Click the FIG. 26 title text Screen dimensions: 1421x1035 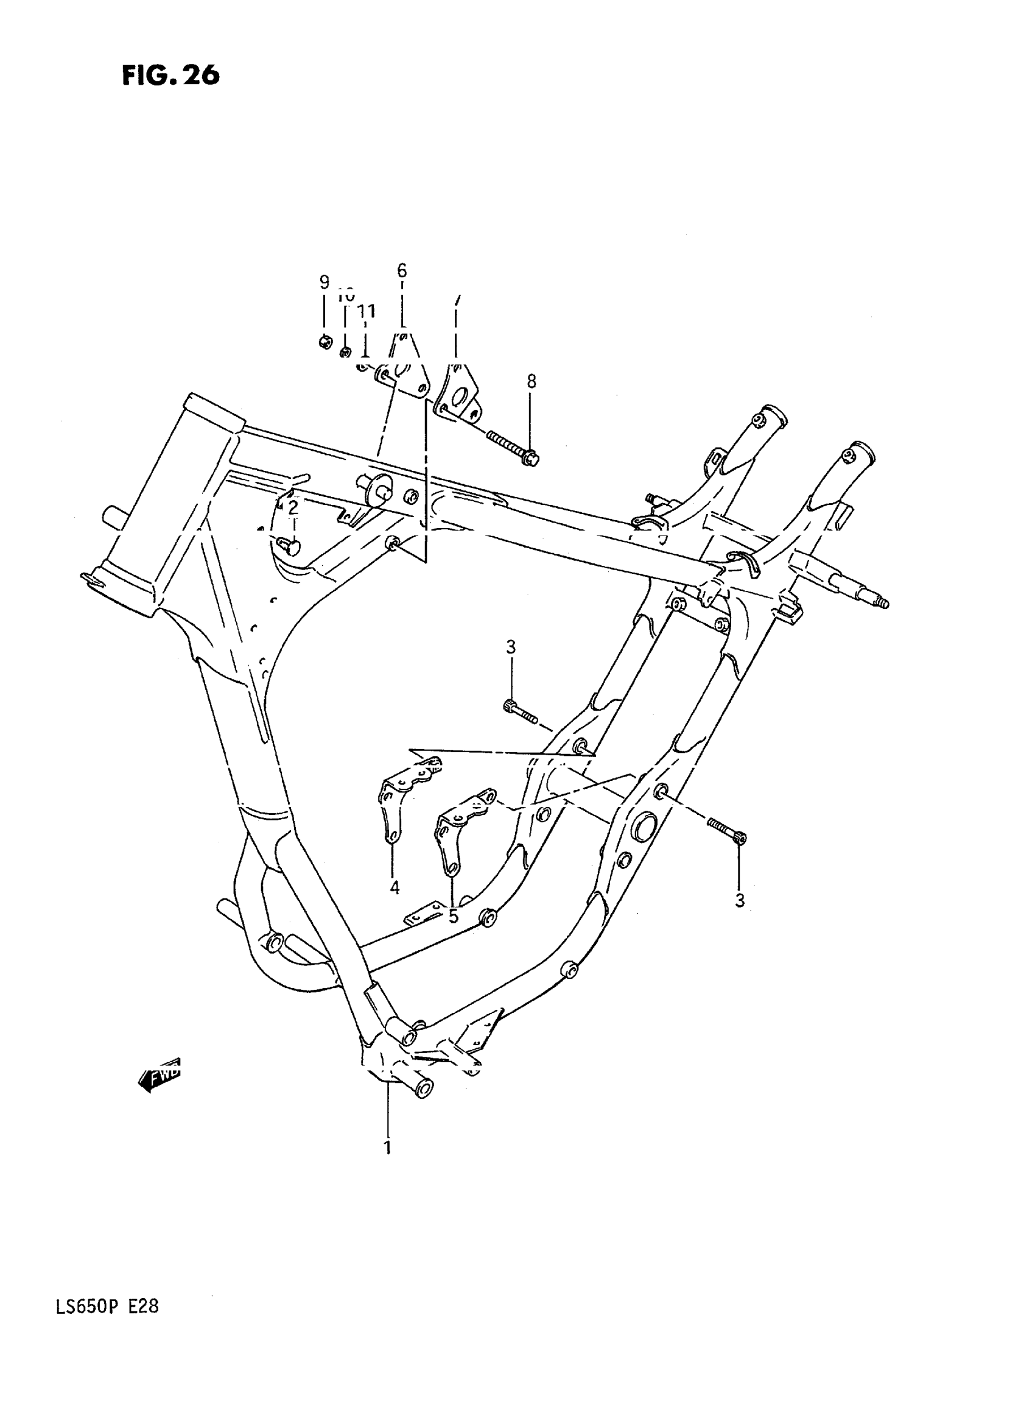point(170,75)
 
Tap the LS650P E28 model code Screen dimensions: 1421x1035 point(107,1306)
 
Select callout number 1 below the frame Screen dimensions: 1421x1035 point(387,1147)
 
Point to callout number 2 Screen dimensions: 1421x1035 point(293,507)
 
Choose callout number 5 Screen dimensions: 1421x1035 point(453,916)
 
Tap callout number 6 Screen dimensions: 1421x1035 point(402,271)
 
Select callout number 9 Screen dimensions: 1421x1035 point(324,282)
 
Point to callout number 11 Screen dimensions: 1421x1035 point(367,311)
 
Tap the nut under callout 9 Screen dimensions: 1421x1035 point(325,342)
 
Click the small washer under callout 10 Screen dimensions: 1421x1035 point(345,351)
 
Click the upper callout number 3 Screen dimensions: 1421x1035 point(511,647)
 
